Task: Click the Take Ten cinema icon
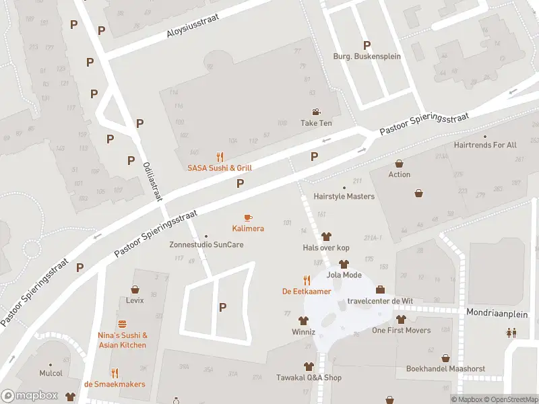[x=316, y=112]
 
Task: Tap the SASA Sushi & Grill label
[x=220, y=168]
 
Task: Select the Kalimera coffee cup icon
[x=248, y=217]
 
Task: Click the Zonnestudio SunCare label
[x=206, y=244]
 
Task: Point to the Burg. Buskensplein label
[x=367, y=57]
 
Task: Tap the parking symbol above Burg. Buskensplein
[x=367, y=45]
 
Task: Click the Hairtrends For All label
[x=485, y=145]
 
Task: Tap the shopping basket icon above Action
[x=400, y=163]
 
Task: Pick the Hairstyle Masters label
[x=344, y=197]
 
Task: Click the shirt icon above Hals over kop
[x=327, y=236]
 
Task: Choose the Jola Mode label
[x=344, y=275]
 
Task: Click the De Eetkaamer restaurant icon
[x=307, y=280]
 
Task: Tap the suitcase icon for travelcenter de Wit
[x=380, y=290]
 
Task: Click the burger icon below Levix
[x=131, y=319]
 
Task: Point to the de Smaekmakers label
[x=115, y=384]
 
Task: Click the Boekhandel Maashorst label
[x=445, y=369]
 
